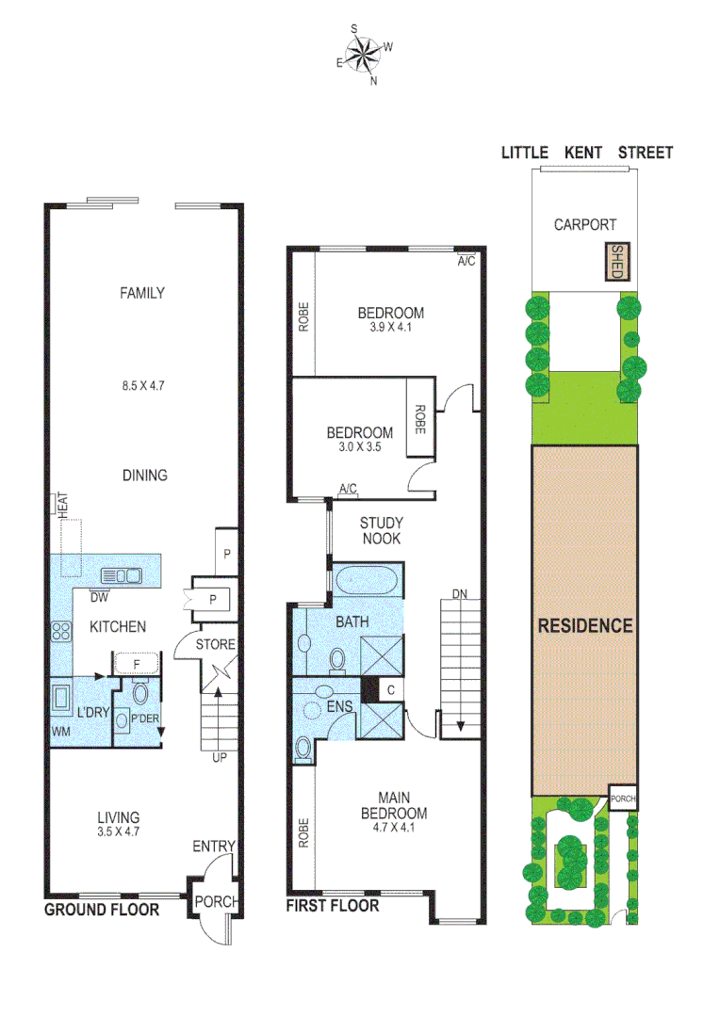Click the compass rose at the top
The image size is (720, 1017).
click(363, 56)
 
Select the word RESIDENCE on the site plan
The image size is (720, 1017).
click(584, 625)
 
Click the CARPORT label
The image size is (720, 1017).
click(584, 225)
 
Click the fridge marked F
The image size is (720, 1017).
click(137, 663)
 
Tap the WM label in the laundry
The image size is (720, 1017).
click(60, 732)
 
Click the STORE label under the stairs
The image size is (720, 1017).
click(215, 645)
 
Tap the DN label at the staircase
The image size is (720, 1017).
click(459, 594)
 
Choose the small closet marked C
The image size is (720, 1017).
click(389, 688)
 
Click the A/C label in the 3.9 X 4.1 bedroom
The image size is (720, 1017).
click(466, 262)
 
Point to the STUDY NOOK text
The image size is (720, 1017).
click(381, 530)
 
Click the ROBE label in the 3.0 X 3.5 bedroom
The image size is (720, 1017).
click(418, 417)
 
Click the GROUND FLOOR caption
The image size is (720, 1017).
click(101, 910)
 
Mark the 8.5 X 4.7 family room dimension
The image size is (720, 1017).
click(141, 385)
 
